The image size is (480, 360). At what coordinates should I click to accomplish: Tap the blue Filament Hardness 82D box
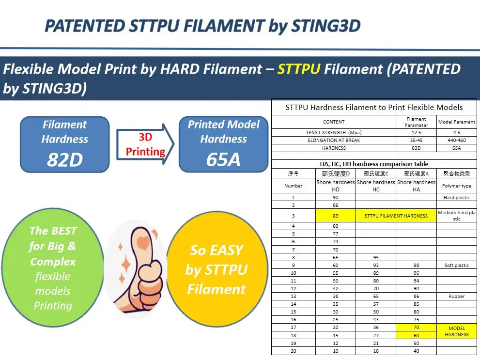tap(64, 144)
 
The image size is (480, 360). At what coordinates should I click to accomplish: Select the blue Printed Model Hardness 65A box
tap(223, 144)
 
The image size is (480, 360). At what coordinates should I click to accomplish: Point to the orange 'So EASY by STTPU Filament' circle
tap(217, 269)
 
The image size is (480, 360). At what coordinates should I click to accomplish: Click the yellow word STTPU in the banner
tap(298, 69)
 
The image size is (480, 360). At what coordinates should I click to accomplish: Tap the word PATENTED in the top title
tap(84, 26)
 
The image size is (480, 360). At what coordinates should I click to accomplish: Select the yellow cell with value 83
tap(336, 216)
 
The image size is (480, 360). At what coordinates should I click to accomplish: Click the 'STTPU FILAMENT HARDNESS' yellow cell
tap(396, 216)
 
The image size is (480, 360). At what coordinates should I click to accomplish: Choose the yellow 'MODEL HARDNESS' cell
tap(457, 331)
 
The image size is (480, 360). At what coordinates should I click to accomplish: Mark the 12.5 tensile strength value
tap(417, 132)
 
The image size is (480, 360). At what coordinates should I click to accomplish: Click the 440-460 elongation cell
tap(457, 140)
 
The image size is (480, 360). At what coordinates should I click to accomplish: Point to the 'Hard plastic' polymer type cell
tap(457, 198)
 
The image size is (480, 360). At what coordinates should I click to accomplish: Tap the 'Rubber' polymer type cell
tap(457, 296)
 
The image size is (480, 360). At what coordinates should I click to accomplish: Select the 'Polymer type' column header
tap(457, 186)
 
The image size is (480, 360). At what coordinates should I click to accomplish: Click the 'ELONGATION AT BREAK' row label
tap(334, 140)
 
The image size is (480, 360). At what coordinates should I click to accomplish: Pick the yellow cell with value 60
tap(417, 335)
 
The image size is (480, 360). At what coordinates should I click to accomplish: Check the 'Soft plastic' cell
tap(457, 266)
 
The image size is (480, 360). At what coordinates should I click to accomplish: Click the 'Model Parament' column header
tap(457, 122)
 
